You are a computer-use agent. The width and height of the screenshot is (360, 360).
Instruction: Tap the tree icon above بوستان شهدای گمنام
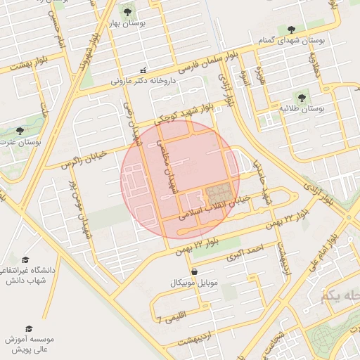291,30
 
